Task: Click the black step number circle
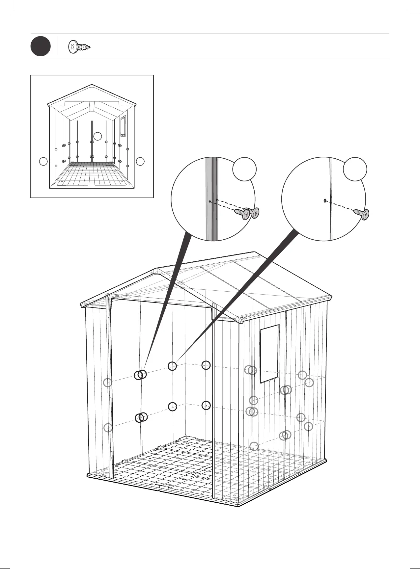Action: (41, 46)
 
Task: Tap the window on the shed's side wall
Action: (269, 354)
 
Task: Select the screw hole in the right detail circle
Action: (325, 200)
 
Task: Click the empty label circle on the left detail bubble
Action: (244, 169)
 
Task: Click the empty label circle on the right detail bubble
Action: (355, 169)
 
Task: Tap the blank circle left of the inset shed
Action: (43, 161)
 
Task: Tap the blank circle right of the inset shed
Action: (140, 161)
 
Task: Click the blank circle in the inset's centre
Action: (98, 136)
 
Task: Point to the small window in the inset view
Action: (123, 126)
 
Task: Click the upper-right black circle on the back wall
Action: (206, 365)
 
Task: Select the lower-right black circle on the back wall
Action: (206, 405)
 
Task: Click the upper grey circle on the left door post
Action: (107, 383)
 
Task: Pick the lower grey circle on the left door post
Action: (108, 428)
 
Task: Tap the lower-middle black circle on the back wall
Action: (172, 407)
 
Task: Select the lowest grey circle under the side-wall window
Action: (254, 446)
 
